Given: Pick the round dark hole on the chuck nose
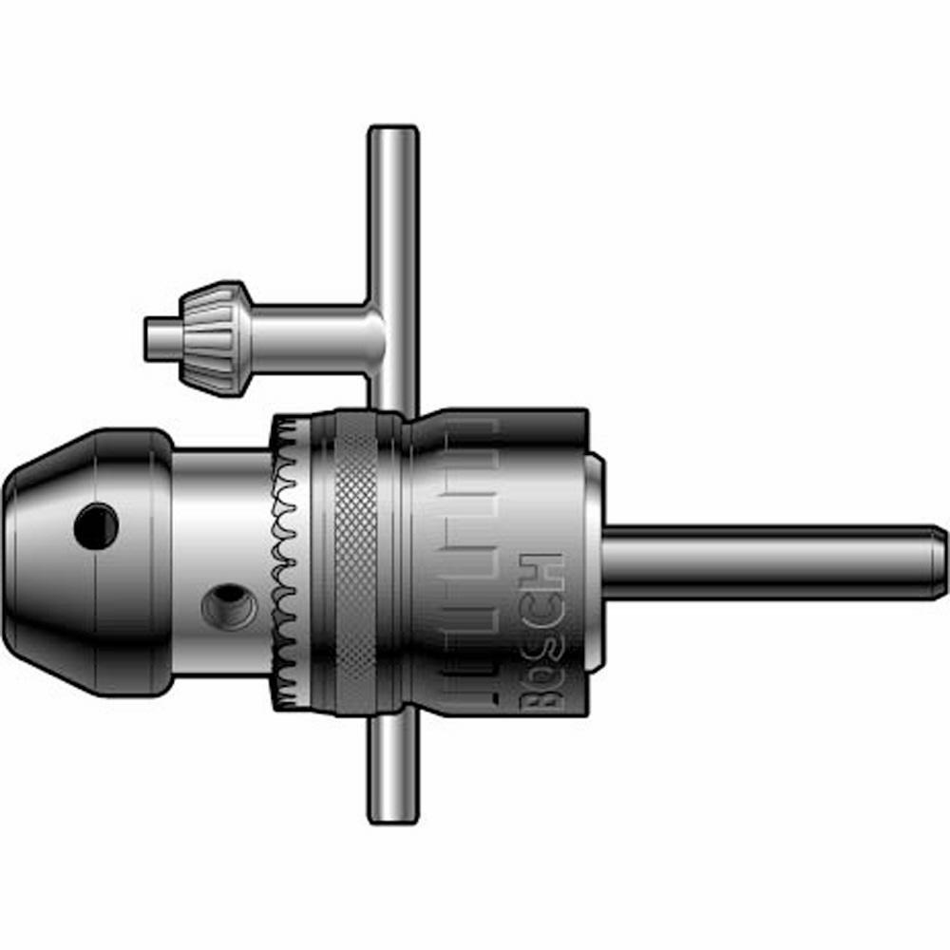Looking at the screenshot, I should [x=97, y=525].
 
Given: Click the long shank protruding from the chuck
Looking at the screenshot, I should [x=760, y=562].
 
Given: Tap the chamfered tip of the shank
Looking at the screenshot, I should [x=939, y=562].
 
